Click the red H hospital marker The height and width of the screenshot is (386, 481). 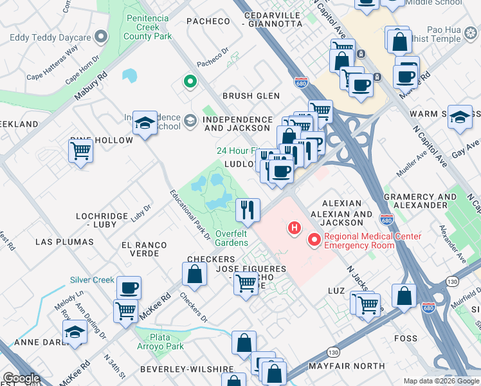pos(295,228)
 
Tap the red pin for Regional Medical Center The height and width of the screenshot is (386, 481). pos(314,241)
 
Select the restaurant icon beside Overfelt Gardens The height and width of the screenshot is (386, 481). pos(248,209)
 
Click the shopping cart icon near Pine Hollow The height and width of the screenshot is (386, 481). pos(81,152)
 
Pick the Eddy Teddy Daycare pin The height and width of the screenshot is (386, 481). pos(100,37)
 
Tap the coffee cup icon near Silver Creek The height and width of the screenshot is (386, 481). pos(129,288)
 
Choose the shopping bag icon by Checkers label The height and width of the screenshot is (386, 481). pos(194,274)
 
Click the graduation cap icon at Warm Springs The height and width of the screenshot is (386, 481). pos(460,118)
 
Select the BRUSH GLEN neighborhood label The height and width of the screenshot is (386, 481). pos(251,96)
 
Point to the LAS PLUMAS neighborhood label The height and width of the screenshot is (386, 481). pos(64,242)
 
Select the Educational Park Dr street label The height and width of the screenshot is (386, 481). pos(190,214)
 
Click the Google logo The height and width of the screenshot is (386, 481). pos(21,378)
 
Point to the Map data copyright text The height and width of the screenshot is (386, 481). pos(441,381)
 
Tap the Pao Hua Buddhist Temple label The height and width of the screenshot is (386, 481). pos(453,34)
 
